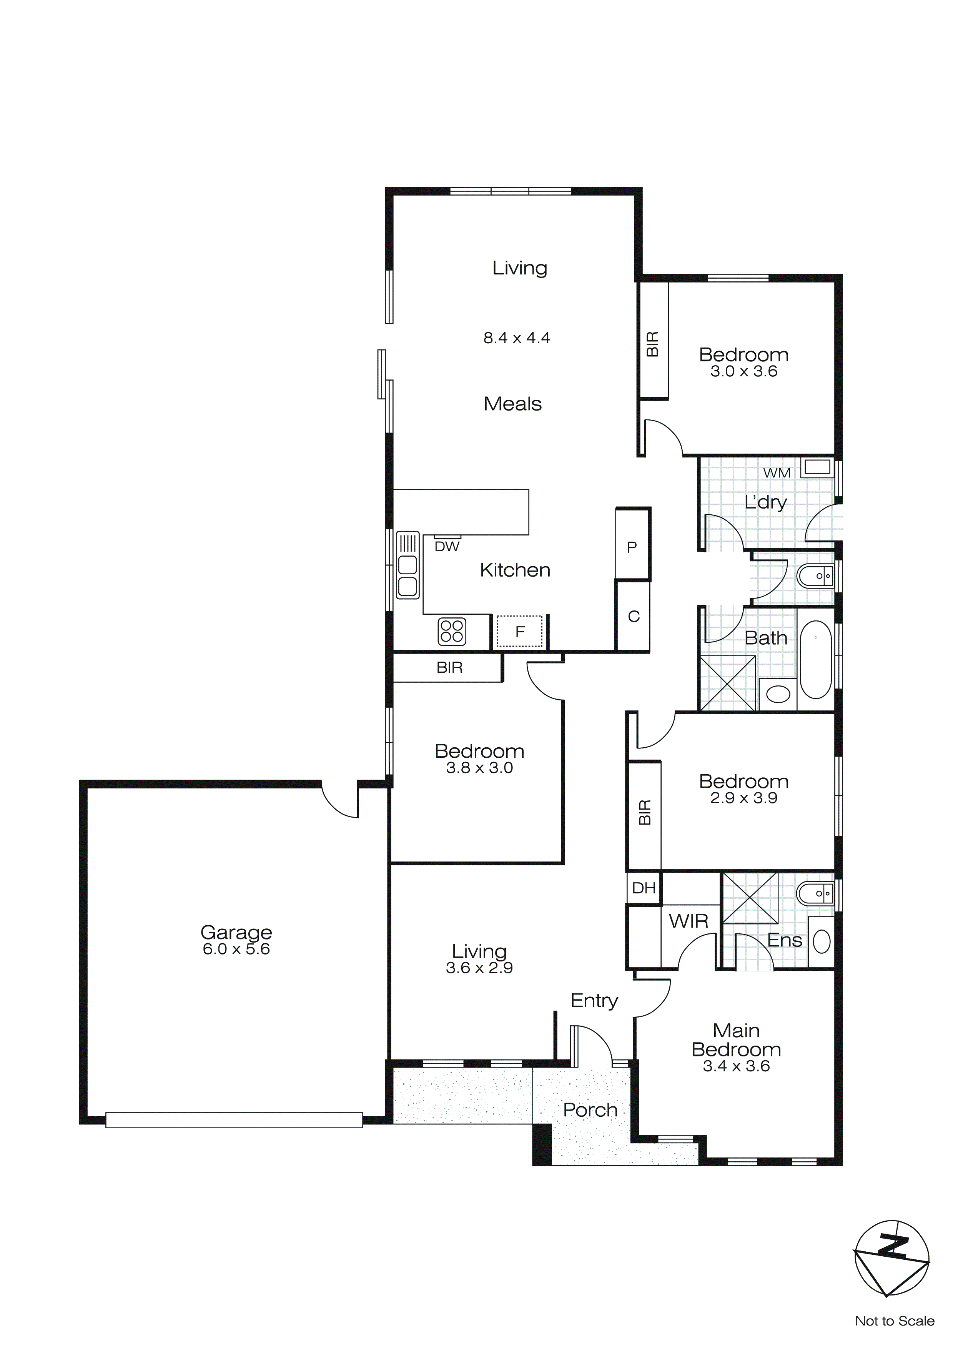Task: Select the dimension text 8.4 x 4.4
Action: point(516,338)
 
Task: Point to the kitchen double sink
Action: point(407,565)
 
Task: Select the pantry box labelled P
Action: point(632,544)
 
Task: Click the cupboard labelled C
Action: point(633,616)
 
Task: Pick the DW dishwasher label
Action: point(447,546)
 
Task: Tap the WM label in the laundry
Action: point(777,473)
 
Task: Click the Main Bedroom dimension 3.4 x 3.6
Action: point(736,1066)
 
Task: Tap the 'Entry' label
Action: point(594,1000)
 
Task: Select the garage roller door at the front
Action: point(234,1120)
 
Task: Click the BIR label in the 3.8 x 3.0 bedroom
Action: point(449,668)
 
